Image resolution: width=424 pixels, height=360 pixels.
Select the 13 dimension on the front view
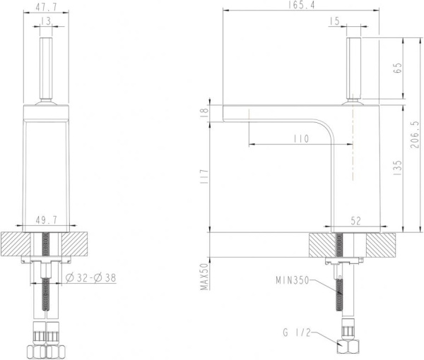click(x=47, y=21)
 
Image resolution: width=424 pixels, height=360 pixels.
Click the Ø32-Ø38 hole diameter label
click(x=90, y=277)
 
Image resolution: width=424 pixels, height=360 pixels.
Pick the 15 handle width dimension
click(x=334, y=21)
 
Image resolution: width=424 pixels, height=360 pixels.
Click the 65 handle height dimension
click(x=397, y=68)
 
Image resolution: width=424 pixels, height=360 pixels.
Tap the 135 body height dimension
click(x=397, y=167)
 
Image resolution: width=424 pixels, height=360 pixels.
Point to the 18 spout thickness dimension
click(x=205, y=112)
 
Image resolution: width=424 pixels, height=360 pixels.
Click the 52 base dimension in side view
click(x=355, y=221)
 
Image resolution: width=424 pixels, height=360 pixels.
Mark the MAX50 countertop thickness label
click(x=205, y=277)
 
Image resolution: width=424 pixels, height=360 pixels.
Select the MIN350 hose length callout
click(x=292, y=280)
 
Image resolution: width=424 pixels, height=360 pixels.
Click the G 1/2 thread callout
click(x=297, y=332)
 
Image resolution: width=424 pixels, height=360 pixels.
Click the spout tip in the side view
click(x=225, y=114)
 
